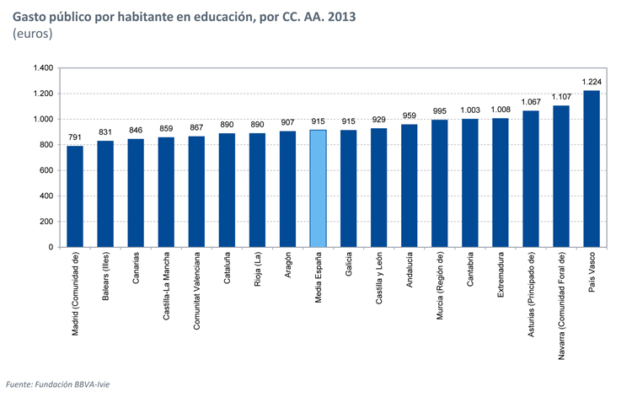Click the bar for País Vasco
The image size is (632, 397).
pos(591,169)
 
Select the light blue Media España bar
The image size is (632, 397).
pos(318,189)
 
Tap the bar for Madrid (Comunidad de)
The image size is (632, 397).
pos(75,196)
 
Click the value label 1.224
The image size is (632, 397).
pos(591,82)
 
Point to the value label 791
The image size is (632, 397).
pos(75,137)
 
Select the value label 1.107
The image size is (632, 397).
pos(560,97)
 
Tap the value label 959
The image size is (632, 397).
pos(409,115)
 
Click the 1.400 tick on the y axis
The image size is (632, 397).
pos(42,68)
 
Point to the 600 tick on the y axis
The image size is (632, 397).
pos(46,171)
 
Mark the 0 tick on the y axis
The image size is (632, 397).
pos(51,248)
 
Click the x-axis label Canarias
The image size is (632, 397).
pos(136,270)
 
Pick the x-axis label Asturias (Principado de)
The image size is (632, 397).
pos(530,295)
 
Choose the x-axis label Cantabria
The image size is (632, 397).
pos(469,270)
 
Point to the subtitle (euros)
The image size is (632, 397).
pos(33,35)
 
